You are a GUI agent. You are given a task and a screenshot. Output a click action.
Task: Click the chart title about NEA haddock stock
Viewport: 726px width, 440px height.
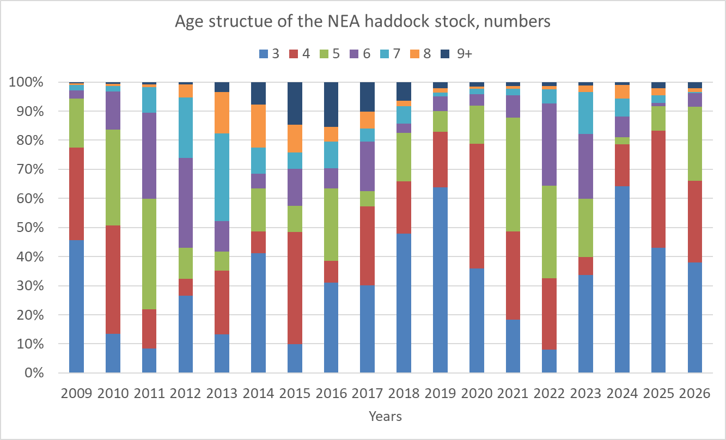coord(363,22)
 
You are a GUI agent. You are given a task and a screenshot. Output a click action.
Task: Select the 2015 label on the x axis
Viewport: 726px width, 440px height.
coord(295,393)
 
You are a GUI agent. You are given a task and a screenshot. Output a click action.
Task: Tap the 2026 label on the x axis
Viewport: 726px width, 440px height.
coord(694,393)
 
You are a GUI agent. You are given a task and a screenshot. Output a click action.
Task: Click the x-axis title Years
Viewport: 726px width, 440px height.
coord(385,417)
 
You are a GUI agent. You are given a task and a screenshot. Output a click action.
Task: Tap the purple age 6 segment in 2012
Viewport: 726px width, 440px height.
coord(186,203)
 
